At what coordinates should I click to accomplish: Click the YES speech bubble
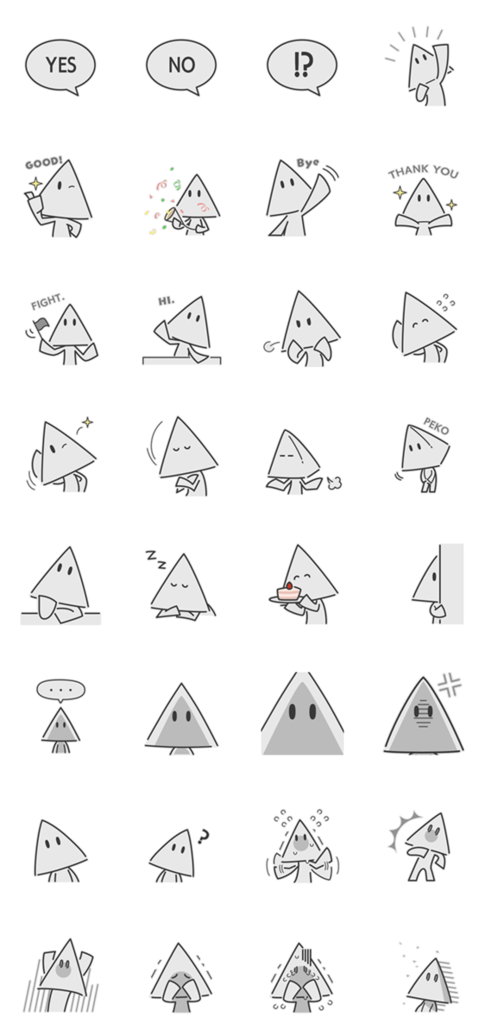(x=60, y=66)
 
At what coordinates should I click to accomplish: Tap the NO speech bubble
(x=180, y=66)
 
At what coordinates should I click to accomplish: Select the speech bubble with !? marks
(x=301, y=66)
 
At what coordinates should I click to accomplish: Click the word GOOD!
(x=43, y=163)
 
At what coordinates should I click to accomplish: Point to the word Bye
(x=308, y=163)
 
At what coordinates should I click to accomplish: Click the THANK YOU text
(x=423, y=172)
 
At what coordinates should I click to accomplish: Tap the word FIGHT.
(x=47, y=302)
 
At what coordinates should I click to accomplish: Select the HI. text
(x=167, y=301)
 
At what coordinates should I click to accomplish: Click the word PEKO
(x=436, y=426)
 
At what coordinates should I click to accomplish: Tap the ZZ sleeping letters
(x=156, y=559)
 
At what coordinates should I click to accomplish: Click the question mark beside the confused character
(x=203, y=837)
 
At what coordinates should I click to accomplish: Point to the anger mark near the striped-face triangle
(x=450, y=685)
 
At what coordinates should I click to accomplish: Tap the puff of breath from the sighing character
(x=334, y=483)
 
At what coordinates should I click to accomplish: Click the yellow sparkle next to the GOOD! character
(x=35, y=184)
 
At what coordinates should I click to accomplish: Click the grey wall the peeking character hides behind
(x=451, y=584)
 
